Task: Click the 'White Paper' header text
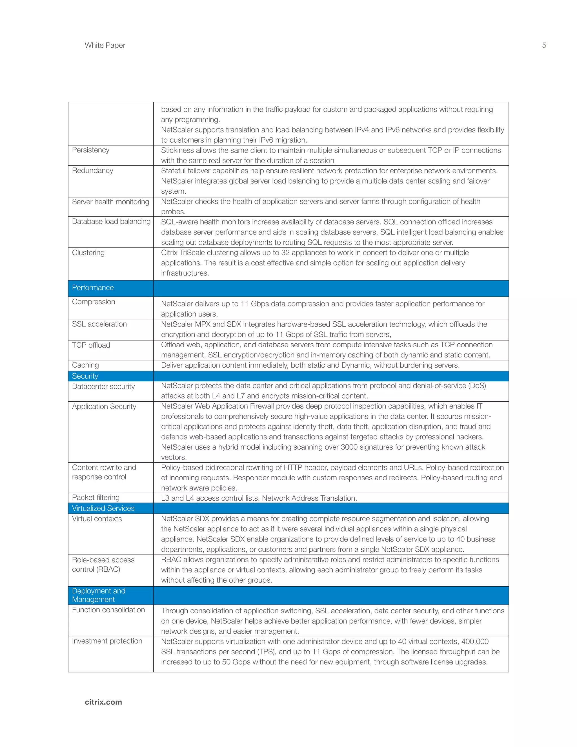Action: coord(105,45)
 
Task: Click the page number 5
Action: coord(544,45)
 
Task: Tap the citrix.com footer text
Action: coord(103,702)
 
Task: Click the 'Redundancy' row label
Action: coord(92,170)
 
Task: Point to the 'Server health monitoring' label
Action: coord(110,202)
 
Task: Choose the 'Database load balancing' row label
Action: coord(111,221)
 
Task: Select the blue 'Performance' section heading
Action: coord(93,288)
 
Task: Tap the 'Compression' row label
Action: coord(93,302)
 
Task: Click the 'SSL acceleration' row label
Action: coord(99,324)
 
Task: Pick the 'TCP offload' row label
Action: coord(91,345)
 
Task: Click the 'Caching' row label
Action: coord(85,365)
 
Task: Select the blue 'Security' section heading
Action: coord(85,376)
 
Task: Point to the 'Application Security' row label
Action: coord(104,406)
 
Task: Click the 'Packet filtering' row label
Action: coord(96,497)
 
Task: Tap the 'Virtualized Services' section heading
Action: coord(103,508)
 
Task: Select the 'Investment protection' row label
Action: coord(107,641)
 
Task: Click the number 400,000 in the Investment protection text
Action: coord(475,641)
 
